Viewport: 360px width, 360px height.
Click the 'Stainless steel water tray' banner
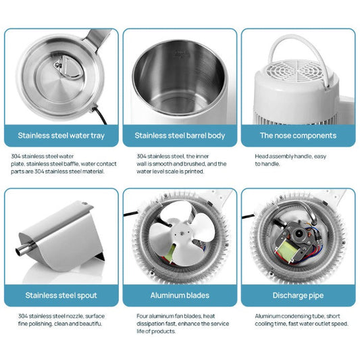pyautogui.click(x=61, y=136)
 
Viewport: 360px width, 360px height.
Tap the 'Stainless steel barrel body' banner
pyautogui.click(x=180, y=136)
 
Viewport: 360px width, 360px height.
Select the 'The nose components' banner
pyautogui.click(x=298, y=136)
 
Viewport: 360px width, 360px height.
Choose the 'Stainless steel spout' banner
pyautogui.click(x=61, y=295)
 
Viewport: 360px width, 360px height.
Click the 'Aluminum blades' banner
pyautogui.click(x=180, y=295)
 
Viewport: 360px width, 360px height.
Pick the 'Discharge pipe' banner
pyautogui.click(x=298, y=295)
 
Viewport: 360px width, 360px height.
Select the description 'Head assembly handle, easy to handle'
pyautogui.click(x=284, y=160)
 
